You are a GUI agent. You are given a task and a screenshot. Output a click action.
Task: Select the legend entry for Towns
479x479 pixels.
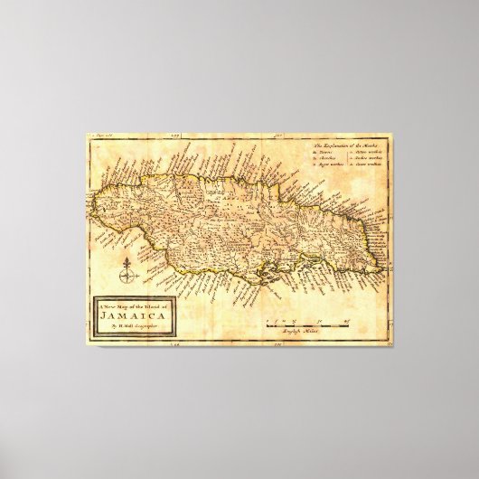325,154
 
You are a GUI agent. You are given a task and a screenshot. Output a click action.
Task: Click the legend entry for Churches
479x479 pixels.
327,160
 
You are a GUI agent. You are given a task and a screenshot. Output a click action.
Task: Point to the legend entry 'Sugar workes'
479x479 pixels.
331,167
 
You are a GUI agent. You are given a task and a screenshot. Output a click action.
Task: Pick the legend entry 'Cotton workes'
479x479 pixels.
371,154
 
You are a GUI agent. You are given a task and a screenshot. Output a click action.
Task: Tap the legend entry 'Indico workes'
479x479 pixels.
371,160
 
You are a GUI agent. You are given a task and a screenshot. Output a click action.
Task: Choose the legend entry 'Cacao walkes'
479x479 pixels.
371,167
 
